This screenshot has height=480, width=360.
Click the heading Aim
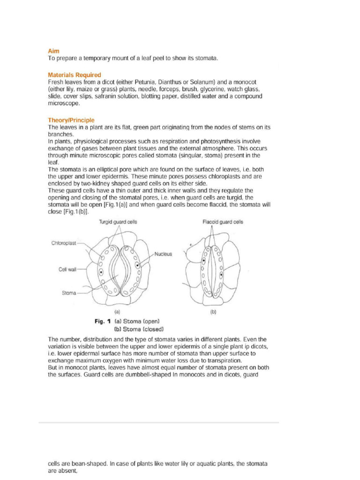tap(54, 50)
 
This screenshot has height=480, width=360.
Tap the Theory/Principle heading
tap(71, 120)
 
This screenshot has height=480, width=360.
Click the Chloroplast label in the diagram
tap(64, 243)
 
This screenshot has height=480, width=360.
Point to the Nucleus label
tap(163, 254)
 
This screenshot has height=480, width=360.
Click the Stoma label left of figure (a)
tap(69, 293)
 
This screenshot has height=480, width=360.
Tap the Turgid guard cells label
tap(118, 222)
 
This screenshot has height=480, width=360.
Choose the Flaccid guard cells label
tap(223, 222)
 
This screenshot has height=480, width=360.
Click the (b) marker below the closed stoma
tap(213, 311)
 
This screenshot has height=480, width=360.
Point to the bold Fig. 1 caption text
tap(102, 321)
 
